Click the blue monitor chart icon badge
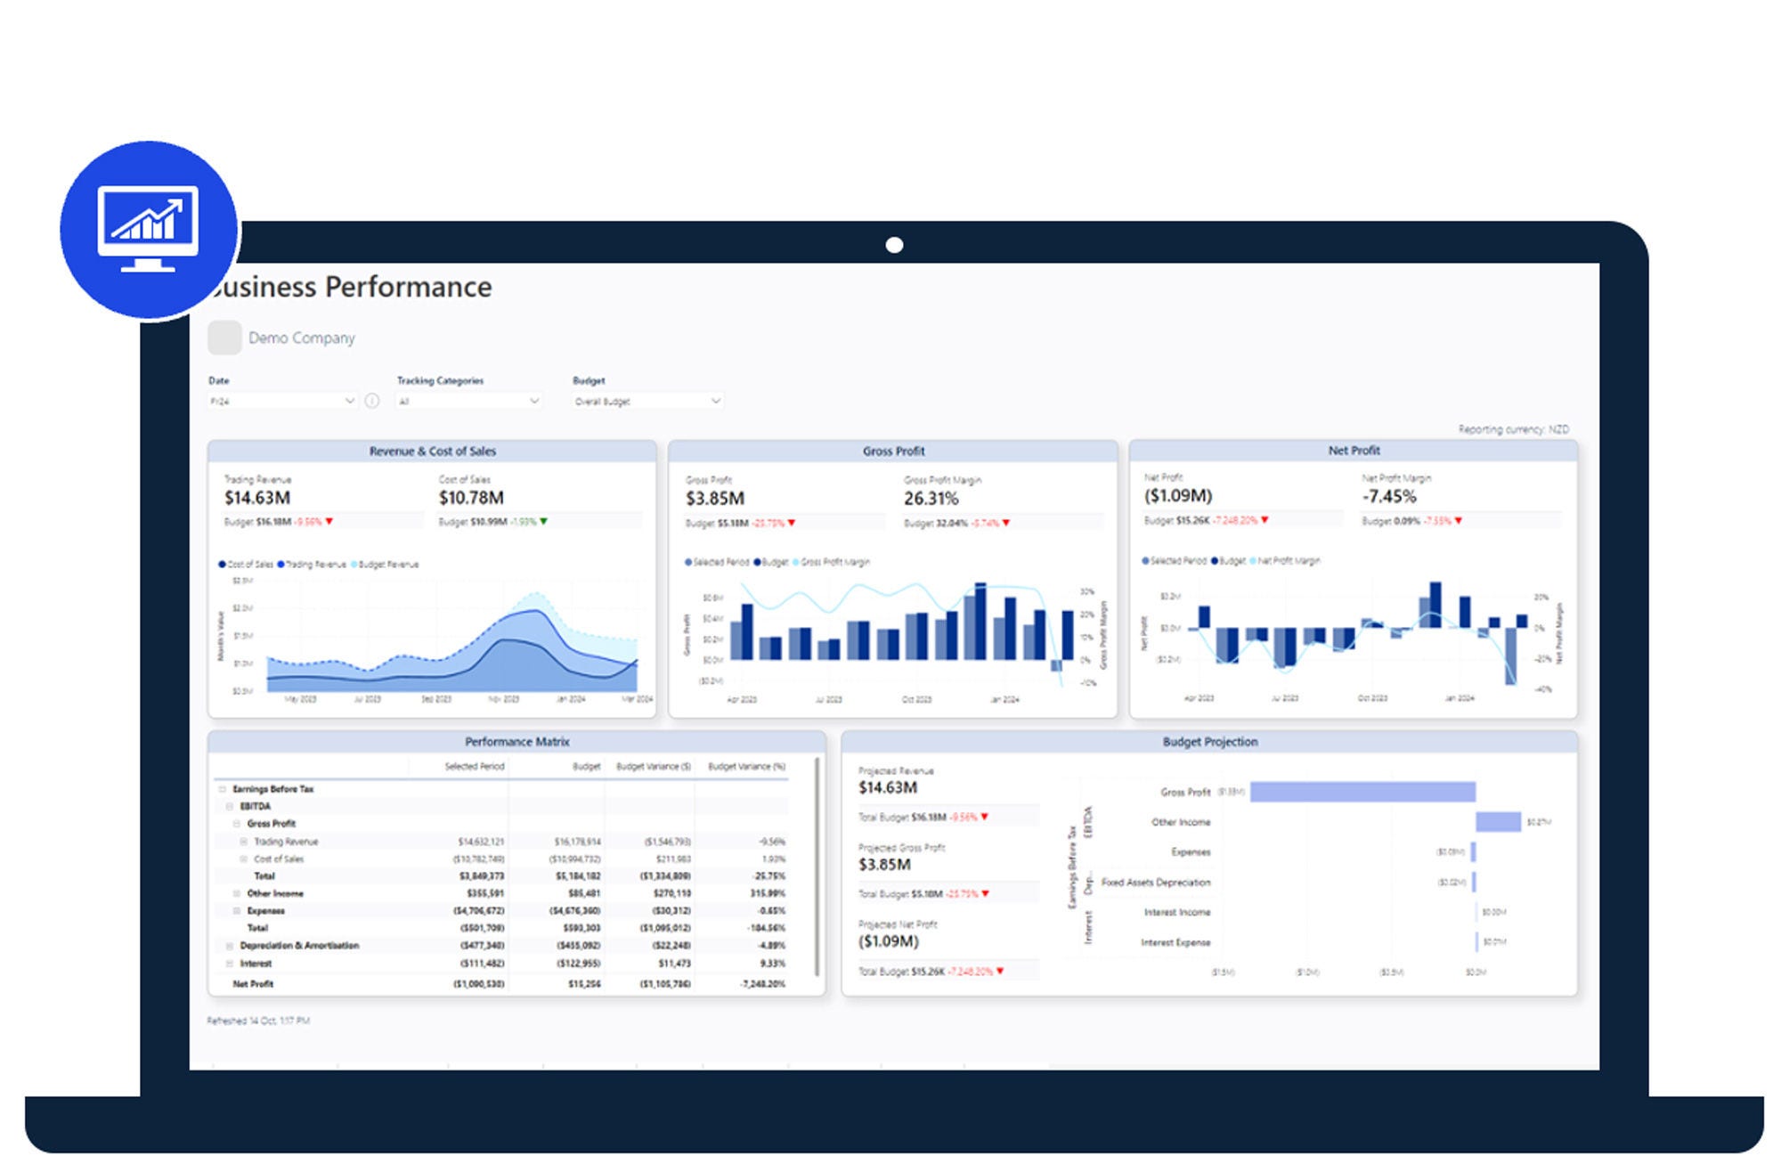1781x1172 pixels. pyautogui.click(x=149, y=229)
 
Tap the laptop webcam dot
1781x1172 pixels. pyautogui.click(x=895, y=245)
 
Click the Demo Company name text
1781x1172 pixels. pyautogui.click(x=301, y=338)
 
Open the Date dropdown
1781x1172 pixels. pyautogui.click(x=281, y=402)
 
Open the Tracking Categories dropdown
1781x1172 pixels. pyautogui.click(x=468, y=402)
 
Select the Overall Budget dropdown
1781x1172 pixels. pyautogui.click(x=647, y=402)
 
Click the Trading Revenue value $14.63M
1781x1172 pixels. pyautogui.click(x=257, y=498)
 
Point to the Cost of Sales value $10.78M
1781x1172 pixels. pyautogui.click(x=471, y=498)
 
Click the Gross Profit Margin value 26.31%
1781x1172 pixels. pyautogui.click(x=931, y=499)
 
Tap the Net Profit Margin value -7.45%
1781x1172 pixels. pyautogui.click(x=1389, y=496)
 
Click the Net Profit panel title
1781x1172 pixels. pyautogui.click(x=1354, y=451)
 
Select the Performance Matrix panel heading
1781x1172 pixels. pyautogui.click(x=516, y=742)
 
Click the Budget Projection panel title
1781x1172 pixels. pyautogui.click(x=1210, y=742)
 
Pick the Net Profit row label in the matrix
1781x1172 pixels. pyautogui.click(x=253, y=984)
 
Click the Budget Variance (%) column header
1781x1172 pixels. pyautogui.click(x=746, y=767)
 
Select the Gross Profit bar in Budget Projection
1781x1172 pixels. pyautogui.click(x=1362, y=792)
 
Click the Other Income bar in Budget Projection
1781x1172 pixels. pyautogui.click(x=1498, y=822)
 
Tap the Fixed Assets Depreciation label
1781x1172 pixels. pyautogui.click(x=1156, y=883)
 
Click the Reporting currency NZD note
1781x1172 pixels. pyautogui.click(x=1513, y=429)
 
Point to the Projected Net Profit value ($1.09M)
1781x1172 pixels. pyautogui.click(x=888, y=941)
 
